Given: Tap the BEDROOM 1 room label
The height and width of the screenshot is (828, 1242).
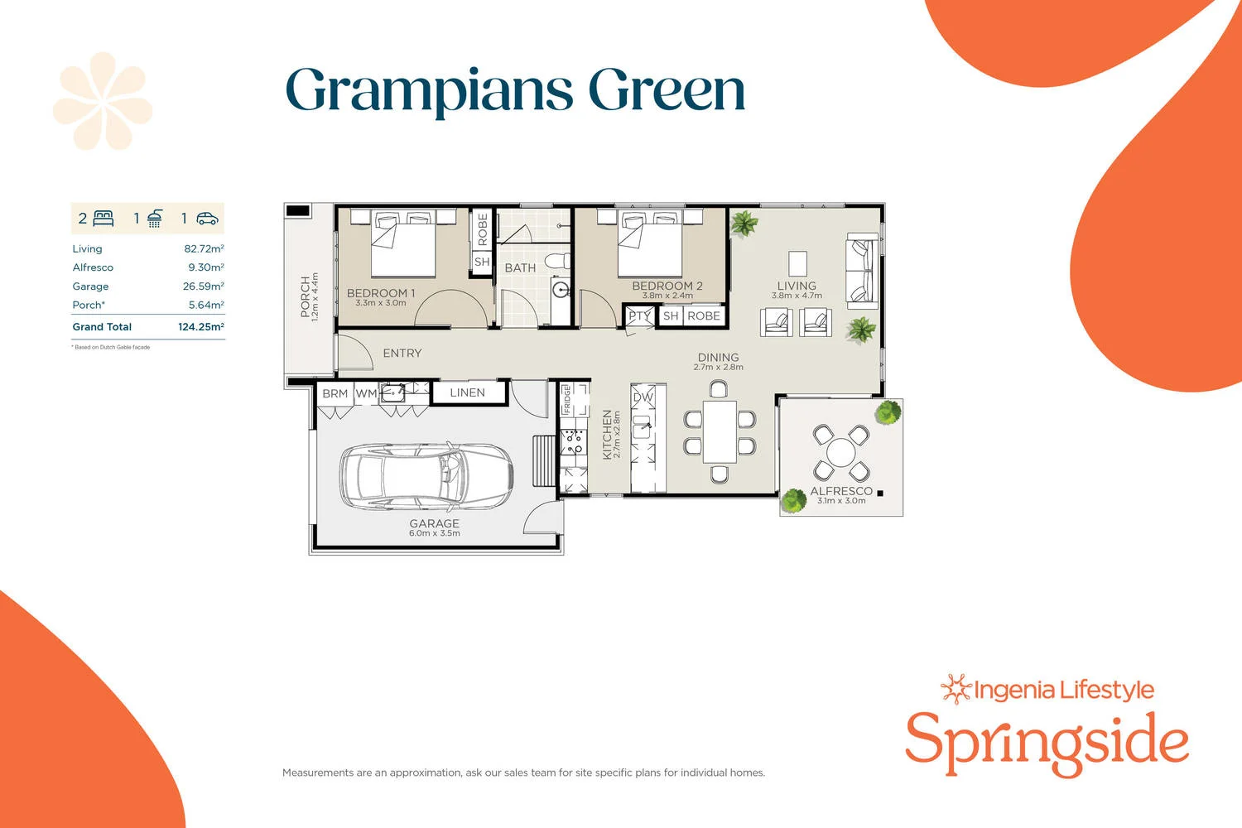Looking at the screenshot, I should pos(381,293).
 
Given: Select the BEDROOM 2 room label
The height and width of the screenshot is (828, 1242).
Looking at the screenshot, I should pos(667,286).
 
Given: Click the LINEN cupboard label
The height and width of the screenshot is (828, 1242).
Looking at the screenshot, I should pos(467,392).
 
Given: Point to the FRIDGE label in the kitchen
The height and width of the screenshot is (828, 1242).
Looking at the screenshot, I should pos(567,399).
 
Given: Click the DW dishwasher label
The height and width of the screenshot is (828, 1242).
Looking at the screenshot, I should pos(643,397).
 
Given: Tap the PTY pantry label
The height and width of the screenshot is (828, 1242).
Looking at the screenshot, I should pos(638,315).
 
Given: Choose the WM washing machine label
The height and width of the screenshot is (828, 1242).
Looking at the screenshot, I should pos(366,393).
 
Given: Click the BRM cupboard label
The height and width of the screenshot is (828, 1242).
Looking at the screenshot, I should pos(335,393).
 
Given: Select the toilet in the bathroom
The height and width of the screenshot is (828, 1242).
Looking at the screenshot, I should pos(557,262).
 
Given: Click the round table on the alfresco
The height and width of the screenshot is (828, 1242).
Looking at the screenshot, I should pos(840,453).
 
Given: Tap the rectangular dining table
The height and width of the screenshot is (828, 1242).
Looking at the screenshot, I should pos(720,432).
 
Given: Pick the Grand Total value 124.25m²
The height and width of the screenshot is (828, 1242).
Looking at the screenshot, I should pos(201,327).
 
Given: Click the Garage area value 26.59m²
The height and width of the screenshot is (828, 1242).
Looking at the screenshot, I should pos(204,286).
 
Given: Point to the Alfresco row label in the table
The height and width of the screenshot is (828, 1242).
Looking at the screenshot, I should pos(93,267).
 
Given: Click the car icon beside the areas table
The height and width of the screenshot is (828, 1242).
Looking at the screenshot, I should pos(207,219).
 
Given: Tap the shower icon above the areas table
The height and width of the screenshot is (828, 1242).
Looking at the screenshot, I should pos(155,219).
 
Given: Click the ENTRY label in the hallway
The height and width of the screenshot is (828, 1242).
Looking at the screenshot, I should pos(402,354).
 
